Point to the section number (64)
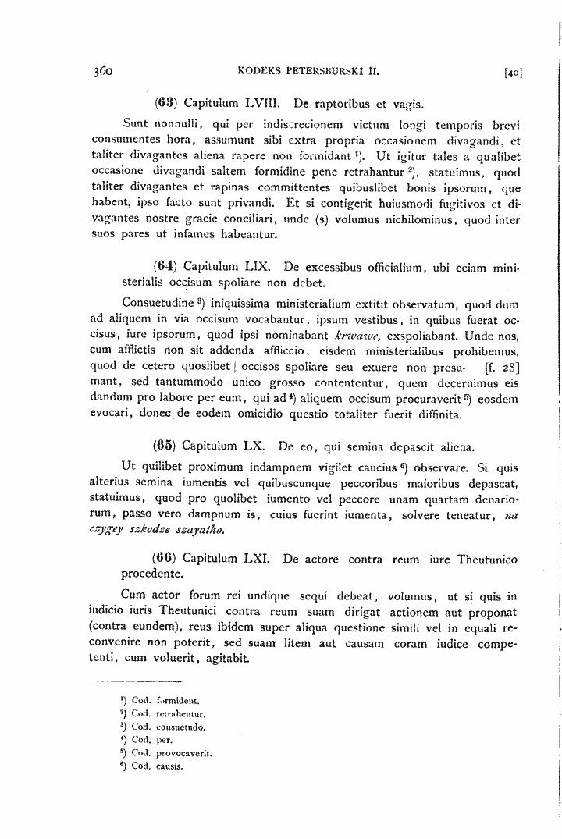click(165, 266)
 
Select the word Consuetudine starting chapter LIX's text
click(158, 302)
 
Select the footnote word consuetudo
click(179, 727)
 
